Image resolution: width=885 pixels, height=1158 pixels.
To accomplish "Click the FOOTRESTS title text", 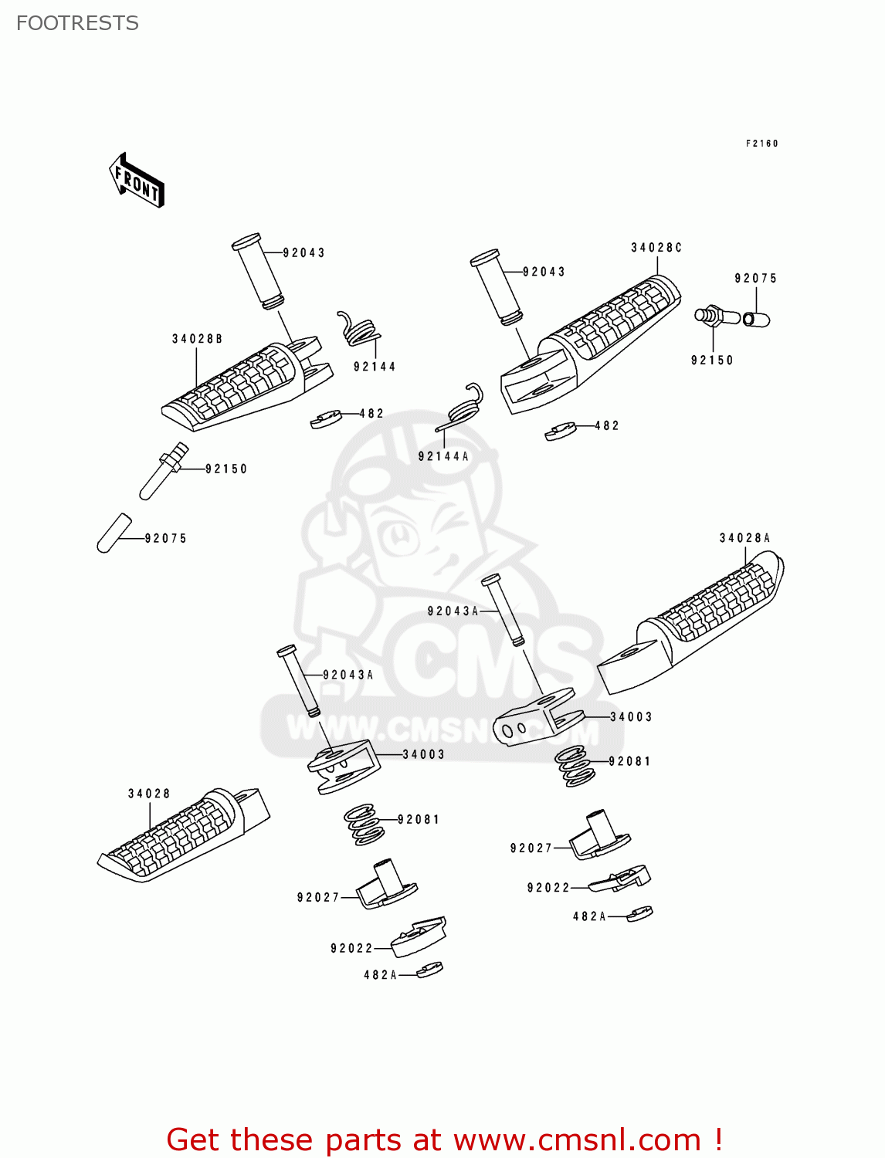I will tap(77, 23).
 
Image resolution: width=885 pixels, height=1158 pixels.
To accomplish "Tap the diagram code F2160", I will tap(761, 144).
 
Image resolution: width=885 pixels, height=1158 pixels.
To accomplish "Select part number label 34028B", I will tap(197, 339).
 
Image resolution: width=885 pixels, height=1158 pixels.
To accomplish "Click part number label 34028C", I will tap(656, 248).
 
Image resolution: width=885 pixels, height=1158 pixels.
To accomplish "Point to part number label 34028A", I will tap(744, 538).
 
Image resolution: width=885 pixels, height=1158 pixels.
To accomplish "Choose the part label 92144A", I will tap(443, 456).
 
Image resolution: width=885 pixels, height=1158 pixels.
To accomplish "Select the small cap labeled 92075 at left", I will tap(114, 533).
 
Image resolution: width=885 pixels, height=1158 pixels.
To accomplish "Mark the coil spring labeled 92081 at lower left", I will tap(364, 824).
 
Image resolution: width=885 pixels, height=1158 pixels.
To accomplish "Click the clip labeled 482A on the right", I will tap(640, 914).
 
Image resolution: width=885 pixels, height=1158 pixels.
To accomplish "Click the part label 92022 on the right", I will tap(548, 888).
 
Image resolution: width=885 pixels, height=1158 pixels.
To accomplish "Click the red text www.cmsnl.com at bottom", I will tap(576, 1139).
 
